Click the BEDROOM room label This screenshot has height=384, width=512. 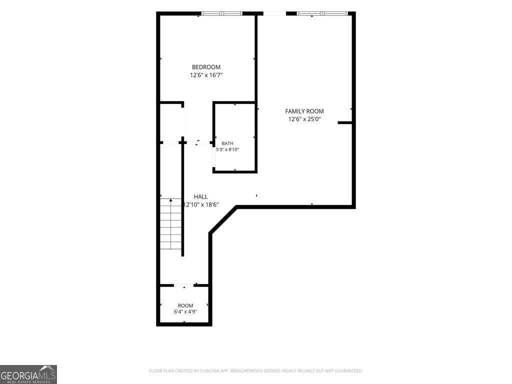coord(206,67)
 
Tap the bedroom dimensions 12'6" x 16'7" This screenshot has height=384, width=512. coord(206,75)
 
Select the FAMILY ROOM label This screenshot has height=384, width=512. coord(304,111)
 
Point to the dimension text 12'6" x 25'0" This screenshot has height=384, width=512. coord(304,119)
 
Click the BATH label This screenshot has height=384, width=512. coord(227,143)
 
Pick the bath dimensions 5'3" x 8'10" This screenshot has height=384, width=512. coord(227,149)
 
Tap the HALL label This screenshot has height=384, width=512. coord(200,196)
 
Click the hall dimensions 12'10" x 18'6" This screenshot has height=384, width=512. coord(201,204)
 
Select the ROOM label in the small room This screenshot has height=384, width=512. coord(185,305)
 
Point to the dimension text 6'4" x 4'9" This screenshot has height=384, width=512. coord(185,312)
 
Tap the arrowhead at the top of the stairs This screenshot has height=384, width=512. coord(171,200)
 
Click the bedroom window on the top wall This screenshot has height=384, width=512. coord(221,13)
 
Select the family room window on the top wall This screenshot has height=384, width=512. coord(322,13)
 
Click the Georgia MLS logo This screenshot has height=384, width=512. coord(28,374)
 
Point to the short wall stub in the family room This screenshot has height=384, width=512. coord(345,123)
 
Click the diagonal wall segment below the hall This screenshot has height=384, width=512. coord(223,219)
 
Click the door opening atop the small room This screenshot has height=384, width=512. coord(184,285)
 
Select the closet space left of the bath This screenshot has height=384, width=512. coord(171,122)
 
